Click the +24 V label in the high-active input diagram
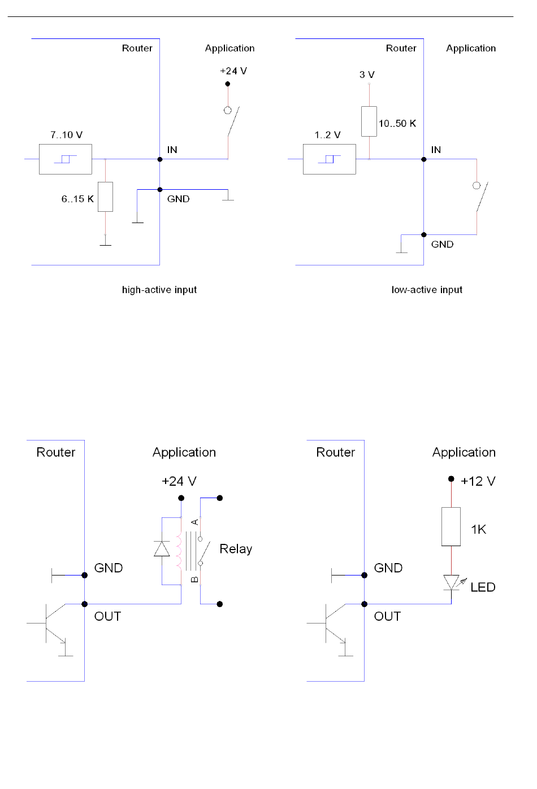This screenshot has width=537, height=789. click(233, 71)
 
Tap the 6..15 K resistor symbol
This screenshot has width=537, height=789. click(105, 197)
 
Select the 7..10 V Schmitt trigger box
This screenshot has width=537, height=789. click(66, 159)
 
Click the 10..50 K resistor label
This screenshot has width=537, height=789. click(397, 124)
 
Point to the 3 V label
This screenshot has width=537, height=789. click(367, 75)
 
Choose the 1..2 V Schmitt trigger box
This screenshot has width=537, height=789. click(330, 159)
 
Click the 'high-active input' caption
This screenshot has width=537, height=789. click(159, 290)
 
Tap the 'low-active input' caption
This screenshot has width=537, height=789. click(427, 290)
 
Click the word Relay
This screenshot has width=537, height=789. click(236, 549)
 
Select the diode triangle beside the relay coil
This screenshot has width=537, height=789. click(162, 549)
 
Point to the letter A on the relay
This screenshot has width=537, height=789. click(195, 522)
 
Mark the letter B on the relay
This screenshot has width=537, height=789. click(195, 579)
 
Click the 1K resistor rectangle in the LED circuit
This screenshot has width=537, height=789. click(451, 526)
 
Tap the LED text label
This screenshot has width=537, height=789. click(483, 587)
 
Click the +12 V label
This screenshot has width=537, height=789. click(478, 481)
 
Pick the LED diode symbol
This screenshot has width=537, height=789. click(451, 582)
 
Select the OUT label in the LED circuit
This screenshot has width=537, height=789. click(387, 616)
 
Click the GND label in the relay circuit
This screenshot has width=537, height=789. click(109, 568)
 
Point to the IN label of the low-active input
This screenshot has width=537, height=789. click(436, 150)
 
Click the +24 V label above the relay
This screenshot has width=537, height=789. click(179, 481)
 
